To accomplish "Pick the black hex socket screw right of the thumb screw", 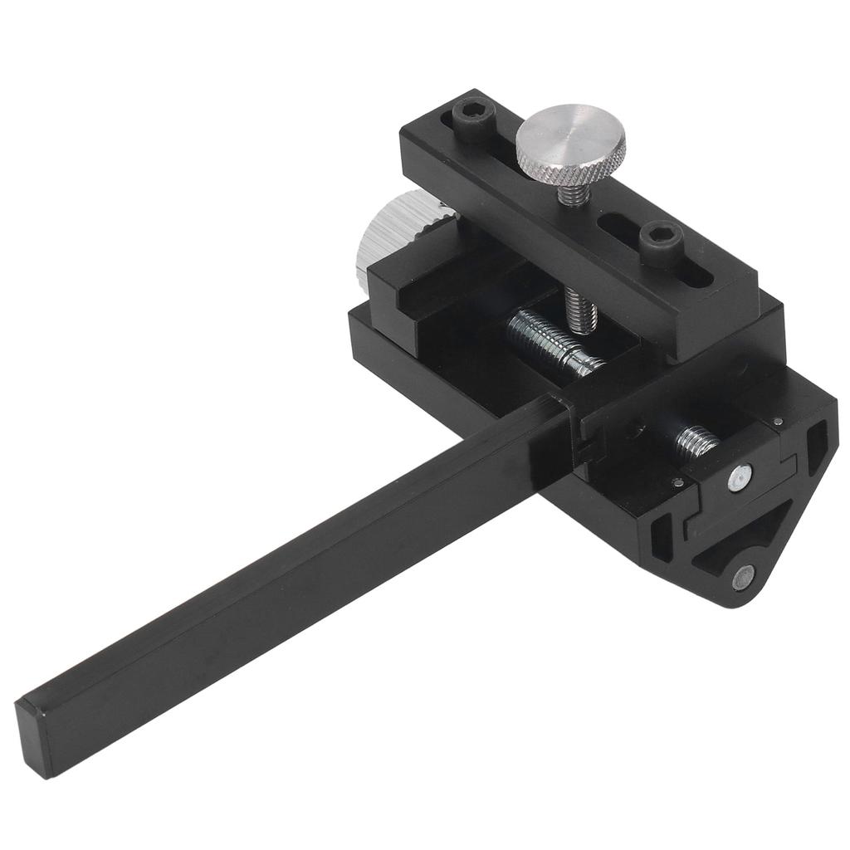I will [662, 240].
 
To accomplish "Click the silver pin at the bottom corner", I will [745, 575].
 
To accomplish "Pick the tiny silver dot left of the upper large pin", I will [679, 482].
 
